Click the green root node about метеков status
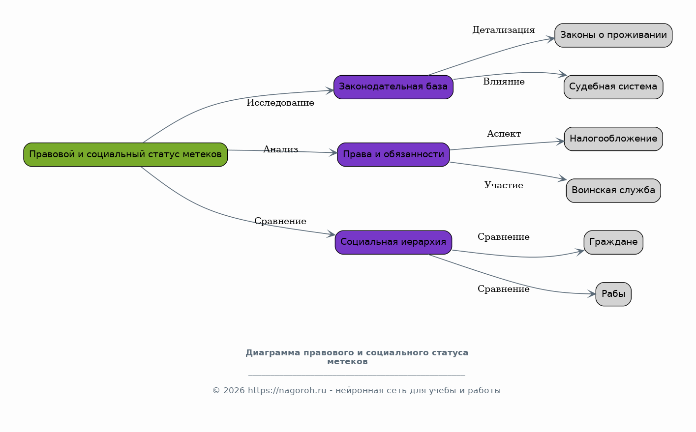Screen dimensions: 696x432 [125, 155]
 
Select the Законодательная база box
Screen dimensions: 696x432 [393, 87]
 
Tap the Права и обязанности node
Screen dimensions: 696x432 [393, 155]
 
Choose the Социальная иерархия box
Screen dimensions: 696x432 [393, 242]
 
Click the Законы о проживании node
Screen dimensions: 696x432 [613, 35]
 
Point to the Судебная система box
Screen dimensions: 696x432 [613, 87]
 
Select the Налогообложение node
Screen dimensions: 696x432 [613, 139]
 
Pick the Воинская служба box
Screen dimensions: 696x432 [613, 190]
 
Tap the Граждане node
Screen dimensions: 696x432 [613, 242]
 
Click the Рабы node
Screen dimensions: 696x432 [613, 294]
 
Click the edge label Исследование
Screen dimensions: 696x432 [280, 103]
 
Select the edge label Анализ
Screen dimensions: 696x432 [280, 149]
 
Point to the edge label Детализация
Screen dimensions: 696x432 [504, 30]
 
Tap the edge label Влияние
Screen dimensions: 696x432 [504, 82]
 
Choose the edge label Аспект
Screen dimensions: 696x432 [504, 134]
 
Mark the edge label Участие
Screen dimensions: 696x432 [504, 185]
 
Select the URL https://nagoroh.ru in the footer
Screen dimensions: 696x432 [287, 390]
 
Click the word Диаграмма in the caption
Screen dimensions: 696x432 [273, 353]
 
